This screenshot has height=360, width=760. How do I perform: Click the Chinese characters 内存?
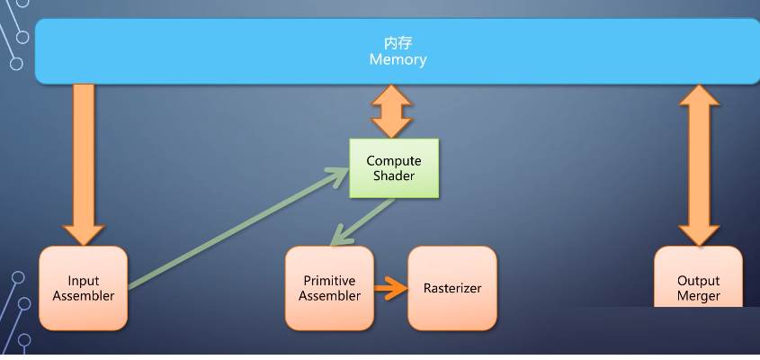click(397, 43)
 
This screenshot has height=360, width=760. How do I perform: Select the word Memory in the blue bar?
click(398, 60)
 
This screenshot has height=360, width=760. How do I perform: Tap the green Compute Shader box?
click(394, 168)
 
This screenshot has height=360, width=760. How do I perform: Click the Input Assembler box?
click(84, 288)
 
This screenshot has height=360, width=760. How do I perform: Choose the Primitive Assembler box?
click(329, 288)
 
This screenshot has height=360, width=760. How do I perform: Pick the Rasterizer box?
click(452, 288)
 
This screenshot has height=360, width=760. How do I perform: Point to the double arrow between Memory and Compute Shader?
click(393, 111)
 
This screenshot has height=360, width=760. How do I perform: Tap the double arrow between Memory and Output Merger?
click(699, 162)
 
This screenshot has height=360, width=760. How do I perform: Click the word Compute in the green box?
click(394, 161)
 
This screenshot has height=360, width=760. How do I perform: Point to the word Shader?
click(394, 175)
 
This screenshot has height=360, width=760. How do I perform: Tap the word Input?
click(84, 281)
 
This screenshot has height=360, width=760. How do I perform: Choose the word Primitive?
click(329, 281)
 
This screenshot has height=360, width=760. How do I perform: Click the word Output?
click(698, 281)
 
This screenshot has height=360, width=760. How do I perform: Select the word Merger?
click(698, 296)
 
